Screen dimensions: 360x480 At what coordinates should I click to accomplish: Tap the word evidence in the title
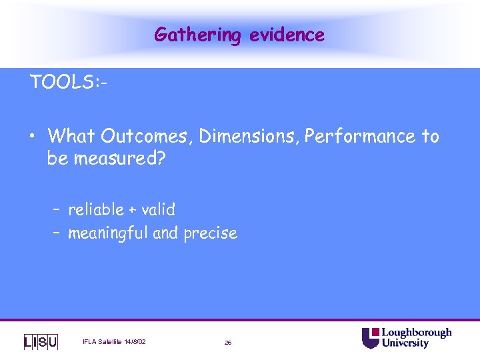tap(287, 35)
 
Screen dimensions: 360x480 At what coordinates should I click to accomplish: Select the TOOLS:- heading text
tap(69, 83)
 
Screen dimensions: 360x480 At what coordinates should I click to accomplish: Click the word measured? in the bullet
tap(123, 160)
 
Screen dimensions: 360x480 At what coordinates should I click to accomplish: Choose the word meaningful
tap(108, 233)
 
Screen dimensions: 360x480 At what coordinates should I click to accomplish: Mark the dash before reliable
tap(57, 210)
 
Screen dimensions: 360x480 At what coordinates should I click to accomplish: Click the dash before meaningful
tap(57, 234)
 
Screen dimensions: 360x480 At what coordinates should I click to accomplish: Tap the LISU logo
tap(41, 342)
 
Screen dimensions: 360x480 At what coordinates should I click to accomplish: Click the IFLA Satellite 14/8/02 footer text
tap(114, 342)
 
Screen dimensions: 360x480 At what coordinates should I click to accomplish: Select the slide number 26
tap(228, 342)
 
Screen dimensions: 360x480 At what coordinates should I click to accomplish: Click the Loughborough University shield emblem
tap(370, 338)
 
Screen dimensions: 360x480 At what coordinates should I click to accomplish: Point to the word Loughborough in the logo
tap(416, 333)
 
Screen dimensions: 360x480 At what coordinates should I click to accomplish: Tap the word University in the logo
tap(405, 343)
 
